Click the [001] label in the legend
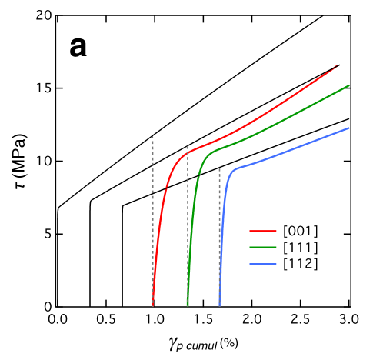tap(300, 231)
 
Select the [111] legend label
tap(300, 247)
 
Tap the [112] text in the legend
tap(300, 263)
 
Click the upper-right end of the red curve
tap(337, 66)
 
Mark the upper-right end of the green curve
tap(349, 85)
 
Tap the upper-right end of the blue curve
tap(349, 128)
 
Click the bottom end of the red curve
tap(152, 305)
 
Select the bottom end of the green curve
tap(188, 305)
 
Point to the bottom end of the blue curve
tap(219, 305)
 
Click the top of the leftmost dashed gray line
tap(152, 137)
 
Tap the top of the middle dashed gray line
tap(188, 146)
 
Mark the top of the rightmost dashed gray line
tap(219, 168)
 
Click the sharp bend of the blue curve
tap(233, 168)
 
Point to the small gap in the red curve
tap(167, 185)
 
